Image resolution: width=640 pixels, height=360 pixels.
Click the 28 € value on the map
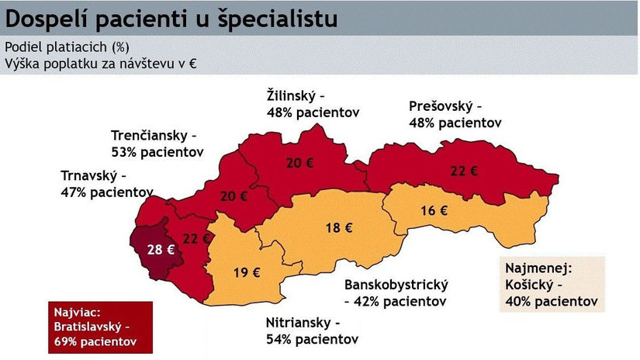(158, 249)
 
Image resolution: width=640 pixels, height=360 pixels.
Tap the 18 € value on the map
(338, 228)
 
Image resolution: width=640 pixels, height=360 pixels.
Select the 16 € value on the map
(434, 210)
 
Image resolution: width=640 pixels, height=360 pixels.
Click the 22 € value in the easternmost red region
(463, 171)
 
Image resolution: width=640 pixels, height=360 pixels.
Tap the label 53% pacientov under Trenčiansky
(157, 151)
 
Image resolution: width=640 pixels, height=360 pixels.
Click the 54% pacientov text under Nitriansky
(313, 339)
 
